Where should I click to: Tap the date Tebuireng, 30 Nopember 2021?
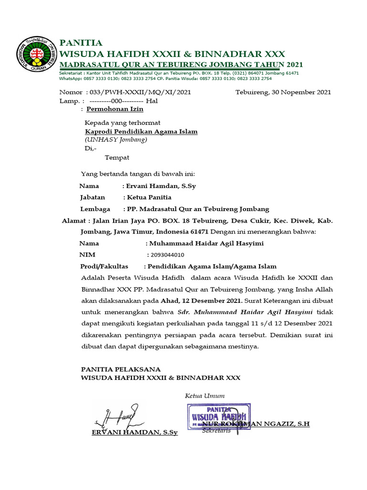tap(283, 92)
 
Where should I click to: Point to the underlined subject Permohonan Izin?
tap(115, 109)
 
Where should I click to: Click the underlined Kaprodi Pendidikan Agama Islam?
tap(141, 132)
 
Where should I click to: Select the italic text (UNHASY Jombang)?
tap(116, 140)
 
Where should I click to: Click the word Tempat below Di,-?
tap(117, 157)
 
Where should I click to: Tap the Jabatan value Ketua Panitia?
tap(149, 197)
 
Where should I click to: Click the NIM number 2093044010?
tap(167, 255)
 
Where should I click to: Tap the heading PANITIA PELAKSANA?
tap(121, 369)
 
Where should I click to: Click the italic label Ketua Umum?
tap(205, 396)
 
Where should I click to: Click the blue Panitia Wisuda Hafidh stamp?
tap(219, 416)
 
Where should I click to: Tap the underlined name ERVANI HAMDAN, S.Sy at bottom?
tap(134, 433)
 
